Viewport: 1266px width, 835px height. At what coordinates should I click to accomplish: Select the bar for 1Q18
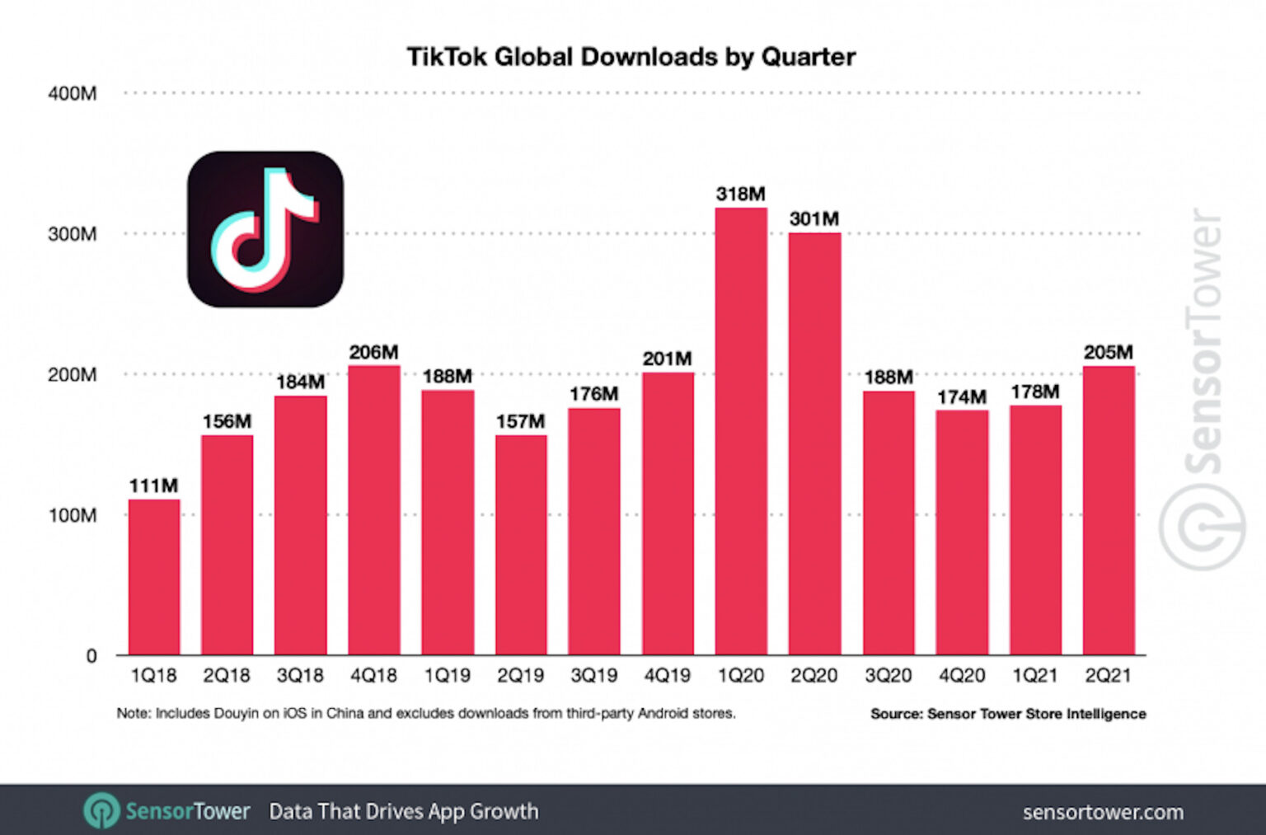pos(154,577)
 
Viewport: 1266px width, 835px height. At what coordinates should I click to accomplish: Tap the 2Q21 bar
pos(1109,510)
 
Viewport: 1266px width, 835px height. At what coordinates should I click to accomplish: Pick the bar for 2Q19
pos(520,544)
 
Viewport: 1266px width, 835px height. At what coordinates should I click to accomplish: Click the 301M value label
pos(814,219)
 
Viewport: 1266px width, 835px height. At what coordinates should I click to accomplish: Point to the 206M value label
pos(373,353)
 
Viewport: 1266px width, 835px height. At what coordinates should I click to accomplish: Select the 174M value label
pos(961,397)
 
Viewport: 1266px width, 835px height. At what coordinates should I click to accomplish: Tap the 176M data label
pos(593,395)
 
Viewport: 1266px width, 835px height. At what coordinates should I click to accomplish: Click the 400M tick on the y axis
pos(73,94)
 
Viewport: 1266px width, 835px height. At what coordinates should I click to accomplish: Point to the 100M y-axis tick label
pos(73,516)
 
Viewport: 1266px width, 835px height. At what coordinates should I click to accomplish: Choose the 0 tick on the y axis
pos(91,656)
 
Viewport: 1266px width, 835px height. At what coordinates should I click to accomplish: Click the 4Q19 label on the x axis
pos(667,676)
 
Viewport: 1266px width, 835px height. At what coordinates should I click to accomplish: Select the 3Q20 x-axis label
pos(888,676)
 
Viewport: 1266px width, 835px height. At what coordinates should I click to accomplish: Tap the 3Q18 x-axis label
pos(300,676)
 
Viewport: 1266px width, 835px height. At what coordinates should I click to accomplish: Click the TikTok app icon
pos(265,229)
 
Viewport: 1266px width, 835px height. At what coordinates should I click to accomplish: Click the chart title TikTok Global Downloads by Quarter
pos(631,57)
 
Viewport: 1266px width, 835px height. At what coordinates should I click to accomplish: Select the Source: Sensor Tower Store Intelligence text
pos(1007,714)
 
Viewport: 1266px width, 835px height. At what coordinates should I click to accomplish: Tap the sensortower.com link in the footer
pos(1102,813)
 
